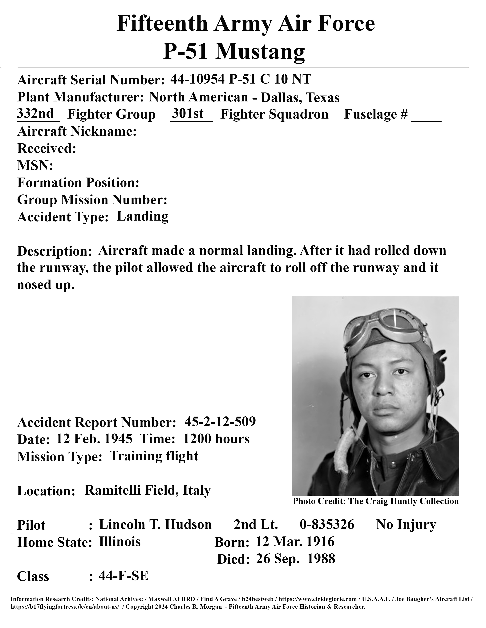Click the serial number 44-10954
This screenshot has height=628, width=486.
coord(197,79)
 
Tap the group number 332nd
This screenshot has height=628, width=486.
coord(35,114)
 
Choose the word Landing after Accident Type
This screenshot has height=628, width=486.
coord(143,217)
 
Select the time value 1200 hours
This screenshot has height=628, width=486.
coord(216,439)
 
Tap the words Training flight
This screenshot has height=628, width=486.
coord(154,456)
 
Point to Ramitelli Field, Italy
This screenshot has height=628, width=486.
coord(147,490)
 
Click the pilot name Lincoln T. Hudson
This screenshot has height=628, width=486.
coord(155,524)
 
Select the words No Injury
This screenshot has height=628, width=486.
coord(406,524)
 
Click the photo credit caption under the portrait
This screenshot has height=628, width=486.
coord(375,501)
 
